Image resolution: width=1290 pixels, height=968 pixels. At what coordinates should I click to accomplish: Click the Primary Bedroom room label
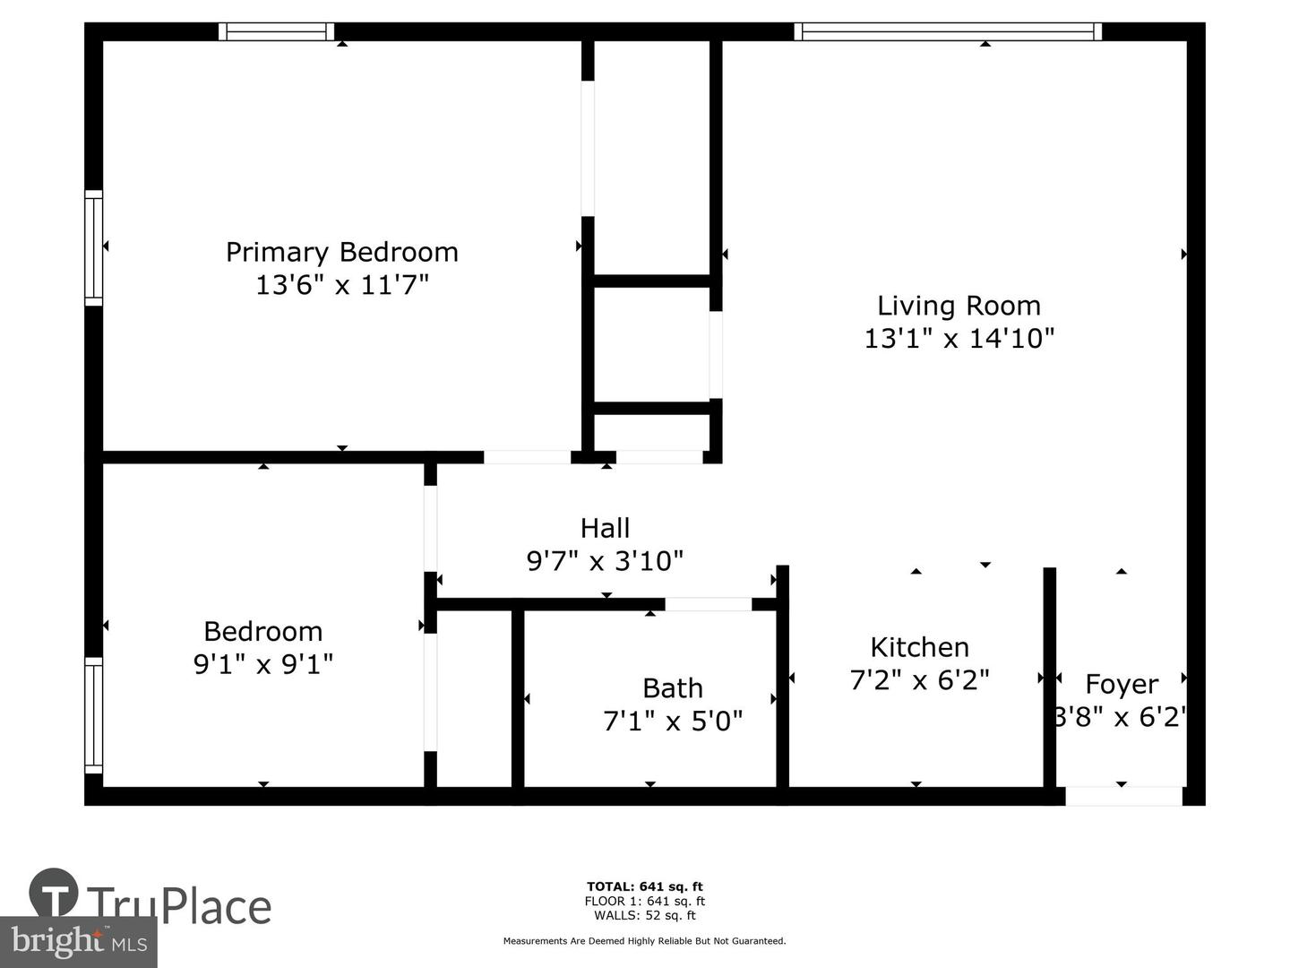342,252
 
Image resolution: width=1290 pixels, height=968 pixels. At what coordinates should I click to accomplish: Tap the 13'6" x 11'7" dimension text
342,285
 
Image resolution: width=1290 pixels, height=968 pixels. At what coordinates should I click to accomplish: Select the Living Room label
959,307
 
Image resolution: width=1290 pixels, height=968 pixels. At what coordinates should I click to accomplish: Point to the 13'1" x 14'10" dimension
959,339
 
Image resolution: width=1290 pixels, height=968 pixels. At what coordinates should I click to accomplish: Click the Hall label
605,528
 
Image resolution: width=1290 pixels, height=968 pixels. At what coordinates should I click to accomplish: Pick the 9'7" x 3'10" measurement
605,561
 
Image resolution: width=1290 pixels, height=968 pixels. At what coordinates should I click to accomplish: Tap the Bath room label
673,688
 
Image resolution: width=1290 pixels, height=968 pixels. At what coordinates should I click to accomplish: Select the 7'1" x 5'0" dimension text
673,721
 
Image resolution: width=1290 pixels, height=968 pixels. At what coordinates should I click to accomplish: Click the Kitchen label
919,647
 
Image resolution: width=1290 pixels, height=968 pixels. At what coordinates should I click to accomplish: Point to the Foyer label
1122,685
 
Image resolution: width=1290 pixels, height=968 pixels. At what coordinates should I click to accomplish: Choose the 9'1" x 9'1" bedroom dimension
263,664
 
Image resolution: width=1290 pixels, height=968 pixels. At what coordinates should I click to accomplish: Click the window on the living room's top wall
948,31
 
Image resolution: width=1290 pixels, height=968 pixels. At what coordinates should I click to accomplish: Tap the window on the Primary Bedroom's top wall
276,31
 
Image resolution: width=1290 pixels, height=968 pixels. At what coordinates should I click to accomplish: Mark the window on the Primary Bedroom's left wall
93,247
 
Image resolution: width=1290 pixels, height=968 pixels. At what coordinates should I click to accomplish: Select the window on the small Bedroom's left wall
93,715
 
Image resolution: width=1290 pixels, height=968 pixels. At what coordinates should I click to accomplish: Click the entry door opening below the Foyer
1123,797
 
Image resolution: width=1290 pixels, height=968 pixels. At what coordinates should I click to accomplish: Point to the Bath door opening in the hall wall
709,603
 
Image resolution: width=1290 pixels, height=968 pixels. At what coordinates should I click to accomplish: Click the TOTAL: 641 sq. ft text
645,886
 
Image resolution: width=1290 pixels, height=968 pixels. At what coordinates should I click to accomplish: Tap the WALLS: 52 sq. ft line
645,915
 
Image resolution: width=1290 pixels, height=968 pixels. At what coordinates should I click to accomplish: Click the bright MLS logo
79,941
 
